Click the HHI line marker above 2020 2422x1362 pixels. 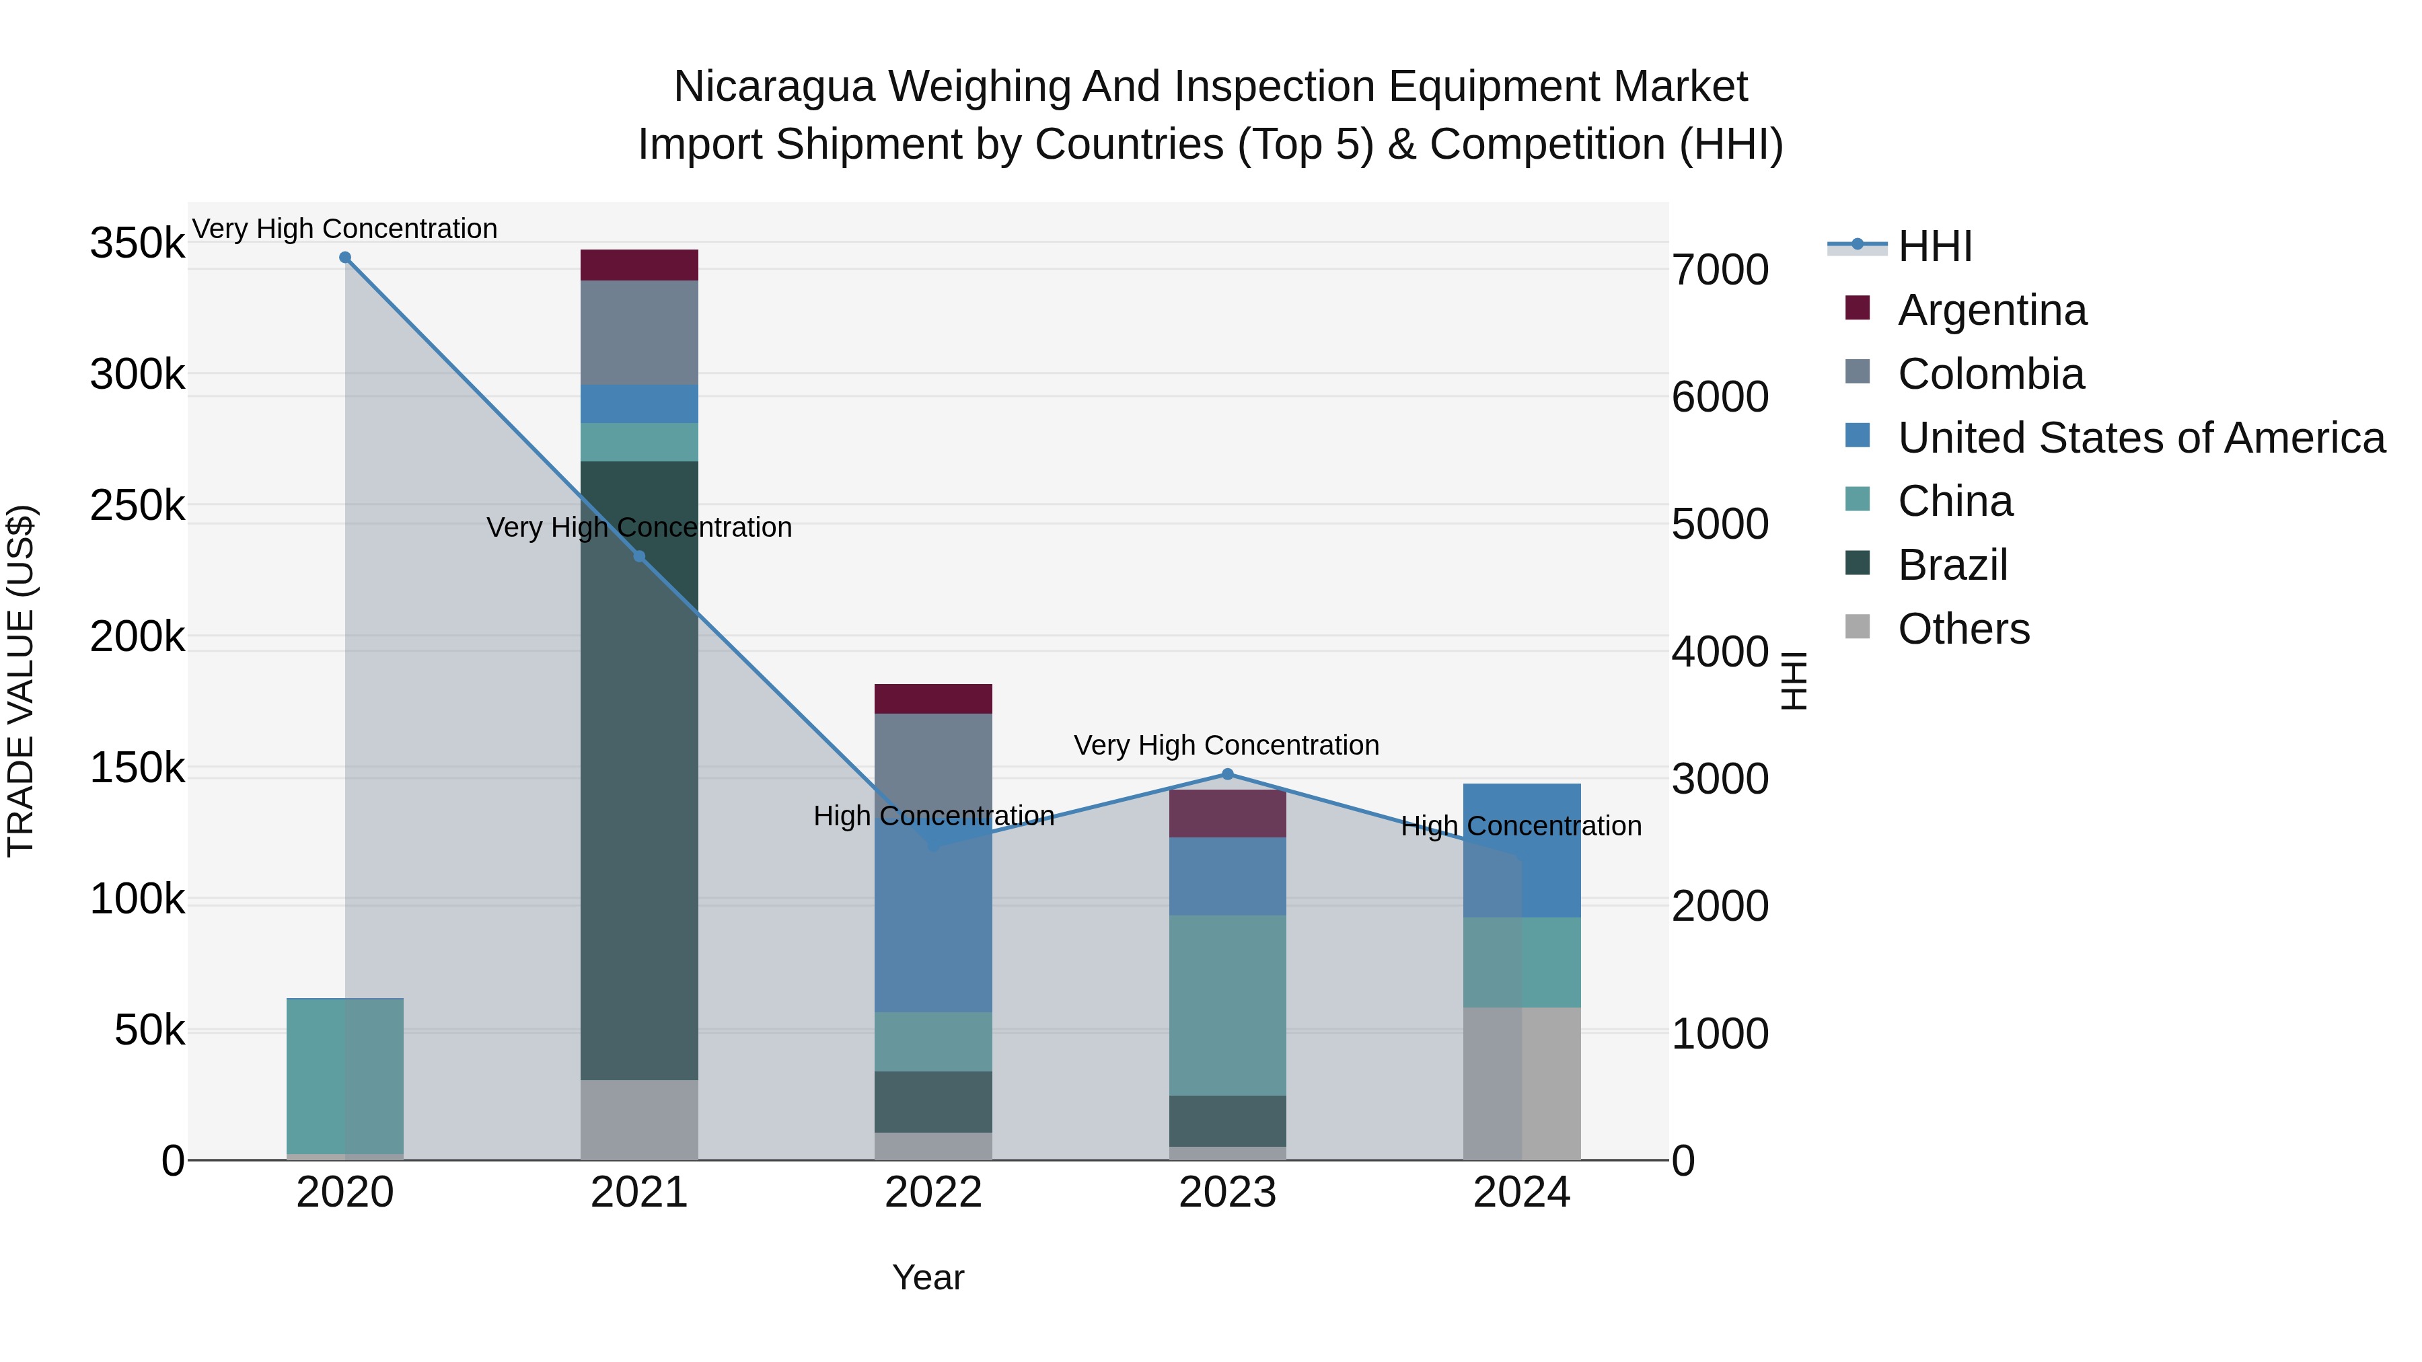coord(345,258)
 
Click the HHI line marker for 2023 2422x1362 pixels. coord(1227,775)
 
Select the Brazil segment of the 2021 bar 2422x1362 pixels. coord(639,771)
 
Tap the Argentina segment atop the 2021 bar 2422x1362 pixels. coord(639,265)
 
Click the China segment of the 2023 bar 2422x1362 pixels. coord(1227,1006)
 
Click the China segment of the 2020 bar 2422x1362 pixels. coord(345,1076)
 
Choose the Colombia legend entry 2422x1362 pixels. coord(1991,374)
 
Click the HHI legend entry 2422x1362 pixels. coord(1934,246)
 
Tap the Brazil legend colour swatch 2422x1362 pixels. coord(1858,564)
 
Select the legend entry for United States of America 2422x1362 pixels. coord(2141,438)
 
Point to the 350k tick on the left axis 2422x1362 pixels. coord(137,243)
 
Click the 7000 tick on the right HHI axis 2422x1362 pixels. coord(1720,270)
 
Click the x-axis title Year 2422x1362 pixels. coord(928,1277)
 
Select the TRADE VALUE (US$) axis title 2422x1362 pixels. coord(21,681)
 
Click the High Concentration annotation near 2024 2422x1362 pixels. coord(1520,826)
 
